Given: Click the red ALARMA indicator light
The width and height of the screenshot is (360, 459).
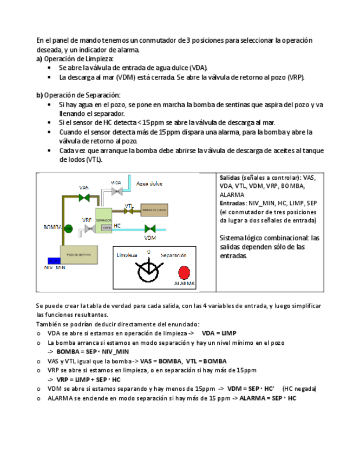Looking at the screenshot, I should [185, 272].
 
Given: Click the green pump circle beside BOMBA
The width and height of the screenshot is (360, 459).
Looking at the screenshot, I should [68, 228].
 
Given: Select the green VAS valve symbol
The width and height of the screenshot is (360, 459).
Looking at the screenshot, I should [84, 198].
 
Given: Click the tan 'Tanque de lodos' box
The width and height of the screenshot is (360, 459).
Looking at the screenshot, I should [155, 210].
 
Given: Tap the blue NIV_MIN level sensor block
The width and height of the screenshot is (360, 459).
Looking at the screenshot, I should [54, 260].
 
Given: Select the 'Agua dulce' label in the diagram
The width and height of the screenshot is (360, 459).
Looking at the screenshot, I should [149, 183].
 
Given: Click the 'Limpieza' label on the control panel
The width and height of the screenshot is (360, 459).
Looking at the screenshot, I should [127, 255].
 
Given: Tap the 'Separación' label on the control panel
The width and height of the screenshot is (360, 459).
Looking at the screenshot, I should [173, 255].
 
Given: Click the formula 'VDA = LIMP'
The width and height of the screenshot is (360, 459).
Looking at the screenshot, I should [219, 333].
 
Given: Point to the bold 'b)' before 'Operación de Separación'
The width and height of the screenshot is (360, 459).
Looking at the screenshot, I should [40, 95].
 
